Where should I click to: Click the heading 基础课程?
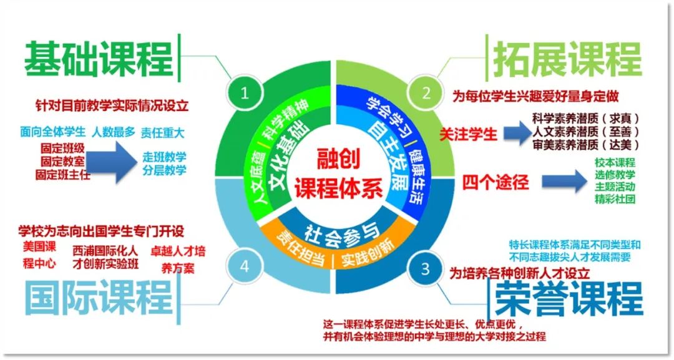tap(98, 60)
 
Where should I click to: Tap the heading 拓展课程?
tap(567, 60)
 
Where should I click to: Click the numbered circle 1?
tap(244, 94)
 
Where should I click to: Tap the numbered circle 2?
tap(427, 94)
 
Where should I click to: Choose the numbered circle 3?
tap(426, 269)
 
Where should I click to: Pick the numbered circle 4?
tap(244, 266)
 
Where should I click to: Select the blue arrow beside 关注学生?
tap(517, 132)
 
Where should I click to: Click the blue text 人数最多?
tap(112, 132)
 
